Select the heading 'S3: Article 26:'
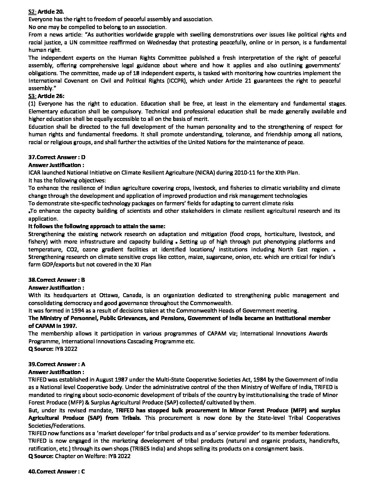(x=46, y=96)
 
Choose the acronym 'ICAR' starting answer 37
(x=34, y=173)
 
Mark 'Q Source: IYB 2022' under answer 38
(x=53, y=349)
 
